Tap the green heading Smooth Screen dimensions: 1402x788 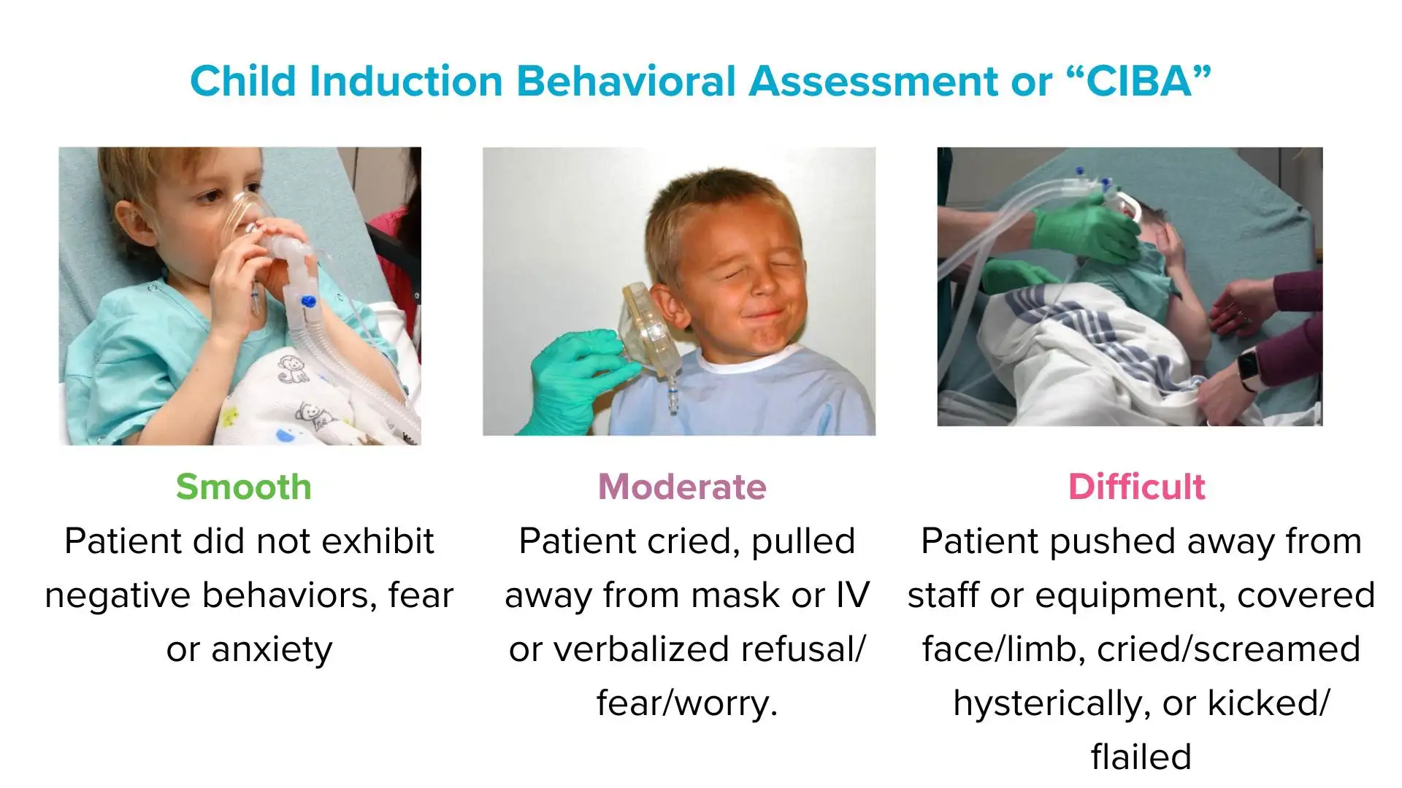pyautogui.click(x=244, y=487)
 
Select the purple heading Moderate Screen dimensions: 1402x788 pyautogui.click(x=682, y=487)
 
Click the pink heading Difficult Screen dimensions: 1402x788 pyautogui.click(x=1136, y=487)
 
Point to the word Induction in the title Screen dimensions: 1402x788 pyautogui.click(x=406, y=80)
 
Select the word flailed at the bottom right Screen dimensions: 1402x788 pyautogui.click(x=1141, y=757)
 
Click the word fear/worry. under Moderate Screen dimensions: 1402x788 pyautogui.click(x=687, y=703)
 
